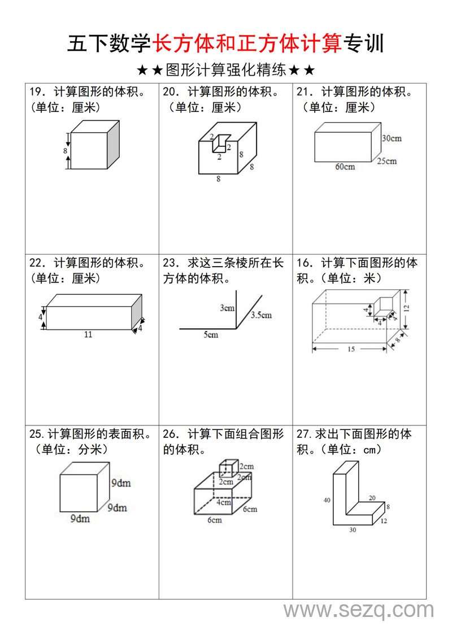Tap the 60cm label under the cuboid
[345, 167]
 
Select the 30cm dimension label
[392, 138]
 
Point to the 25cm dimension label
[387, 161]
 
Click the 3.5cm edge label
[262, 315]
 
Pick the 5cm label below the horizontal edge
[211, 335]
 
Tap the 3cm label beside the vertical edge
[227, 308]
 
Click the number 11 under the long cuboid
[88, 334]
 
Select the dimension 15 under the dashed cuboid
[351, 350]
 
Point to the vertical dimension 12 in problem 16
[407, 307]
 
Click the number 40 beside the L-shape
[327, 500]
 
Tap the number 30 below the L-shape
[353, 530]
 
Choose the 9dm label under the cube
[80, 519]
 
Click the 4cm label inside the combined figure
[224, 502]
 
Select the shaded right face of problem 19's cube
[113, 145]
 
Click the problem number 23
[170, 263]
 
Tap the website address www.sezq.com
[359, 610]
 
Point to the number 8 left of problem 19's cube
[65, 151]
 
